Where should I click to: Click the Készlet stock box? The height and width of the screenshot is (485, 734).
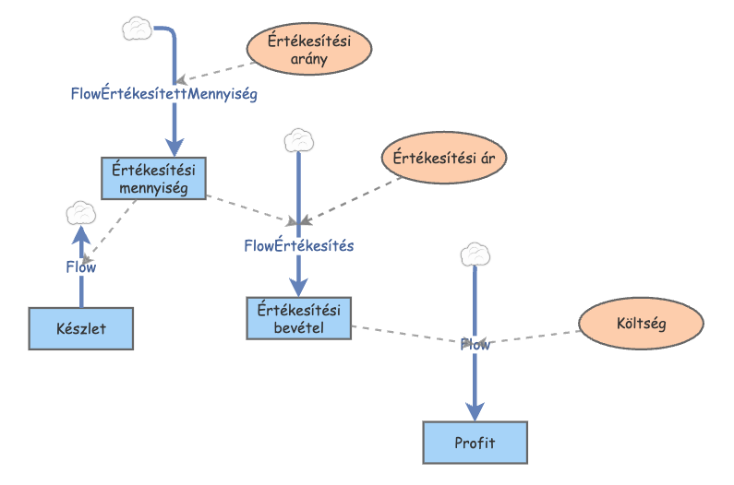tap(82, 328)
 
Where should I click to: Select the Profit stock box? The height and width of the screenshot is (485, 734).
tap(475, 443)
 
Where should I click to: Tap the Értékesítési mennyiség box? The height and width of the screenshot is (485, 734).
tap(152, 178)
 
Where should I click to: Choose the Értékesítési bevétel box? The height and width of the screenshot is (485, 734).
tap(299, 318)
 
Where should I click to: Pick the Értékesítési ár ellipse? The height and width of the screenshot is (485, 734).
tap(439, 157)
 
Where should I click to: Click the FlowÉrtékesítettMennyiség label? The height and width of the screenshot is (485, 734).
tap(163, 93)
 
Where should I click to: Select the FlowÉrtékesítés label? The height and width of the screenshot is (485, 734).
tap(298, 246)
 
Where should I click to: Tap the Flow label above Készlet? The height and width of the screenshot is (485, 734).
tap(80, 267)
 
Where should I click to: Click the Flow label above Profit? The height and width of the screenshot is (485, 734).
tap(475, 345)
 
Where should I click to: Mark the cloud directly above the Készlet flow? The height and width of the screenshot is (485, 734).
tap(81, 215)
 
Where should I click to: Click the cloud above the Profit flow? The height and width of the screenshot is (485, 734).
tap(475, 254)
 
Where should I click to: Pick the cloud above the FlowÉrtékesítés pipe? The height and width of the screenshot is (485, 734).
tap(298, 140)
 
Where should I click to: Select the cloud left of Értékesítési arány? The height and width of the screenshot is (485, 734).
tap(137, 29)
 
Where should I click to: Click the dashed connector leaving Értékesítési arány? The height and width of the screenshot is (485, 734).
tap(216, 72)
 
